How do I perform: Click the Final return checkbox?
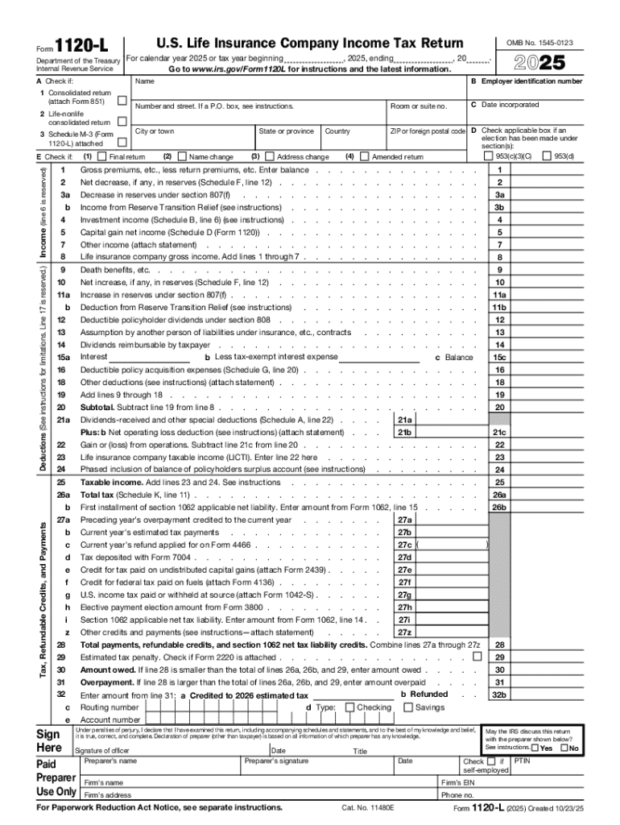coord(102,156)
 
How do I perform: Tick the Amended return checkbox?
coord(365,156)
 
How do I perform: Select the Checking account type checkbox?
coord(349,707)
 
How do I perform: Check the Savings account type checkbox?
coord(407,707)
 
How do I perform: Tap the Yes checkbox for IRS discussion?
coord(535,748)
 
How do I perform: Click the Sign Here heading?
coord(49,740)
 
